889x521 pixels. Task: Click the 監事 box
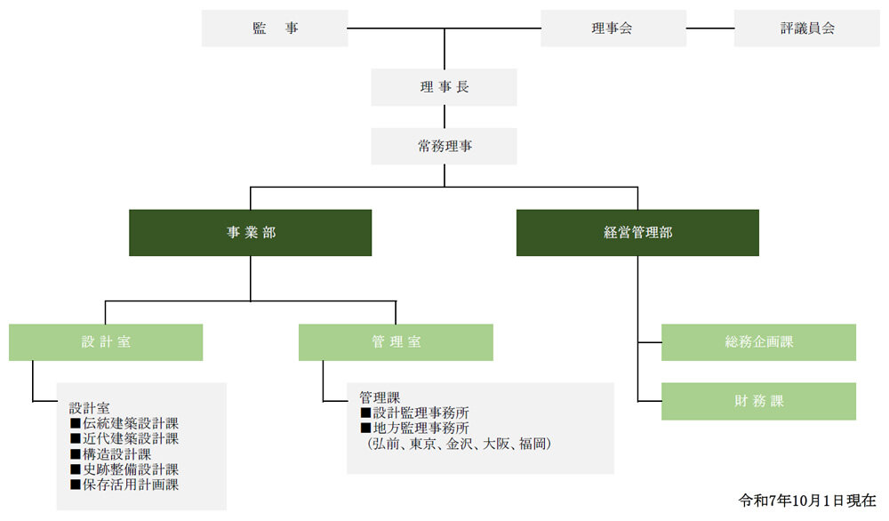(274, 28)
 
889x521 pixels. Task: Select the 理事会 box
(613, 28)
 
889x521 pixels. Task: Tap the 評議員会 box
(805, 28)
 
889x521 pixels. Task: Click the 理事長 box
(444, 87)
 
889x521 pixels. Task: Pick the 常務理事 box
(444, 146)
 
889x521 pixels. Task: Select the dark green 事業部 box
(250, 233)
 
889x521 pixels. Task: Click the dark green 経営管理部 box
(637, 233)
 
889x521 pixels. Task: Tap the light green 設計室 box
(106, 342)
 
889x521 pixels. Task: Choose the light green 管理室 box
(396, 342)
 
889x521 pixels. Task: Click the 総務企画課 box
(758, 342)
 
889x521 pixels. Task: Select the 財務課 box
(758, 401)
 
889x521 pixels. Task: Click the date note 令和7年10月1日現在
(807, 501)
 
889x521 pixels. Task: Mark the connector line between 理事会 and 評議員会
(710, 28)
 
